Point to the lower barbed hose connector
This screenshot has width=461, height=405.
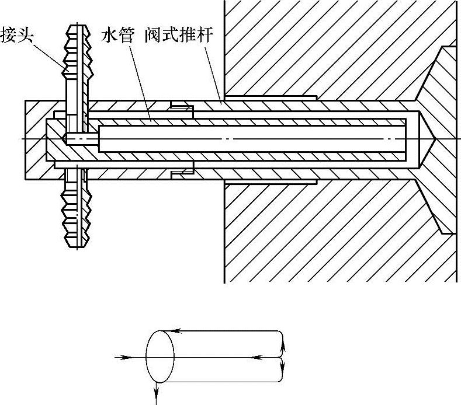point(77,207)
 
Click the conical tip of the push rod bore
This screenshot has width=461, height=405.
point(425,139)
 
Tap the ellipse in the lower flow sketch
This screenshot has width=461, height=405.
point(160,356)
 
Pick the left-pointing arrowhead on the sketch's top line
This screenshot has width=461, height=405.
point(179,331)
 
